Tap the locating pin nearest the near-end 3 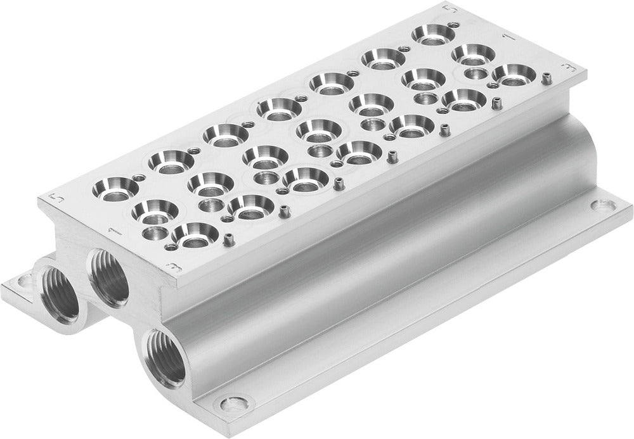[226, 239]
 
